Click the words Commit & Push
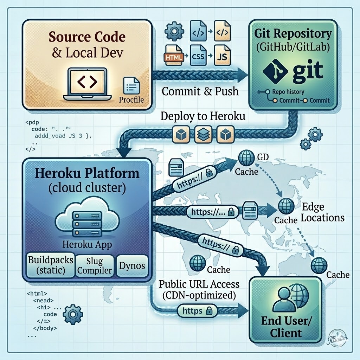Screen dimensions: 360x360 point(200,91)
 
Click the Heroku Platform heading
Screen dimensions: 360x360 point(86,173)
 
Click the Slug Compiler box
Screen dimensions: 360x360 point(94,265)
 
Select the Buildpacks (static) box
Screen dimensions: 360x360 point(51,265)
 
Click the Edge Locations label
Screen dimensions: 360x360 point(322,212)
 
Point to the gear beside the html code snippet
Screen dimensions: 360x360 point(75,312)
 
